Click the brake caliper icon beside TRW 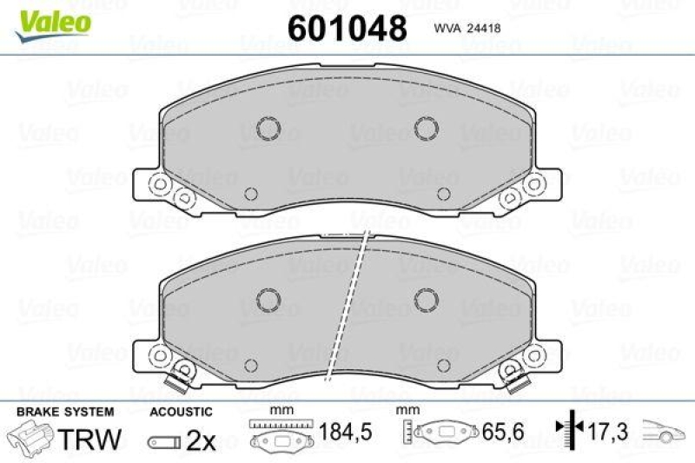(30, 437)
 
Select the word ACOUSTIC (181, 412)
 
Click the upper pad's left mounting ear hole (158, 185)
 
